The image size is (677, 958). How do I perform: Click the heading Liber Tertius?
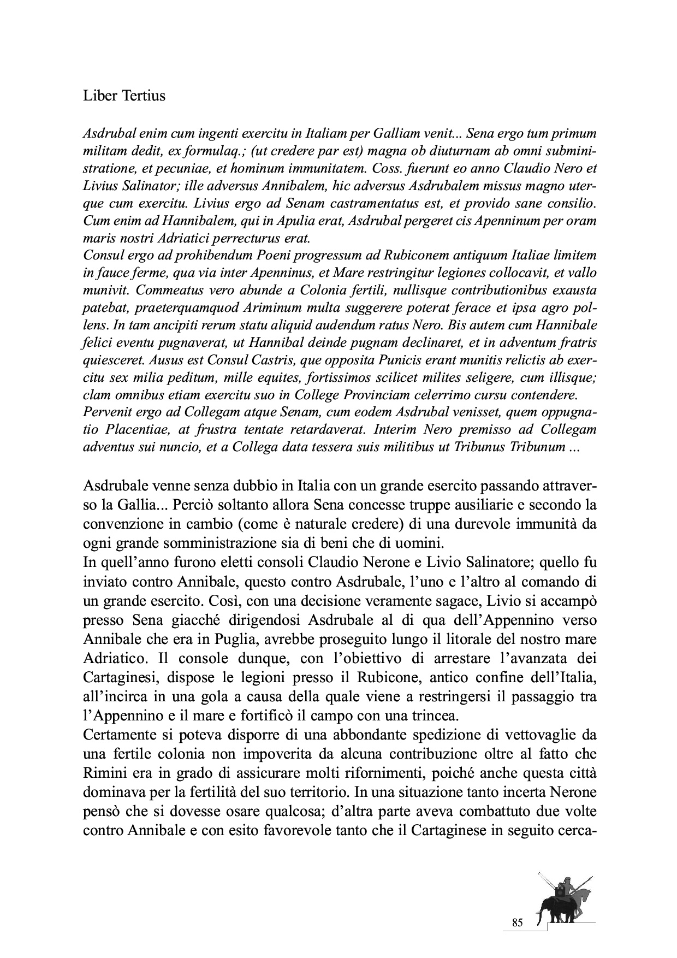tap(124, 96)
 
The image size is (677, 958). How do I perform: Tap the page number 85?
tap(518, 922)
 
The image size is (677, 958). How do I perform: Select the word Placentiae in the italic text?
tap(140, 430)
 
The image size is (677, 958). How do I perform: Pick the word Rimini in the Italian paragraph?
tap(106, 776)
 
